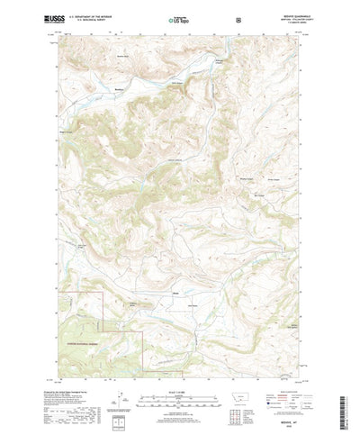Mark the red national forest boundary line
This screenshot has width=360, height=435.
click(102, 311)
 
